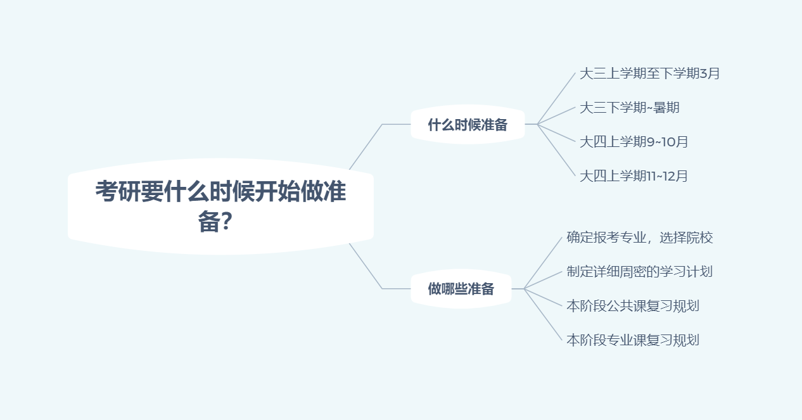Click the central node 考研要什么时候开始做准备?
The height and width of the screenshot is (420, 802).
click(x=220, y=206)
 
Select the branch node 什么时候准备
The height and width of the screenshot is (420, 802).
click(x=468, y=125)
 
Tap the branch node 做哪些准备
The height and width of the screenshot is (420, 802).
click(x=461, y=290)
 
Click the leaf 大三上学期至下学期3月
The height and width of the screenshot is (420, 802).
click(x=649, y=73)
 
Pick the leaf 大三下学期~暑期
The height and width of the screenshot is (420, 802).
click(x=629, y=108)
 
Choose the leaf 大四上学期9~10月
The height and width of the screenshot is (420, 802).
click(x=633, y=142)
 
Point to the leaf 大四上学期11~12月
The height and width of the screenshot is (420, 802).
click(x=633, y=176)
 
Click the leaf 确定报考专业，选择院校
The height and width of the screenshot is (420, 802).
click(x=639, y=238)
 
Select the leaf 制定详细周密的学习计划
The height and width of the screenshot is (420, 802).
click(x=639, y=272)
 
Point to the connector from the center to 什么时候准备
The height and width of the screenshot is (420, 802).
click(x=366, y=147)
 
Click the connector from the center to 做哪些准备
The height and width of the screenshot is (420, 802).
click(x=366, y=266)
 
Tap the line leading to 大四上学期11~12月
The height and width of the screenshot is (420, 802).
click(x=557, y=151)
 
